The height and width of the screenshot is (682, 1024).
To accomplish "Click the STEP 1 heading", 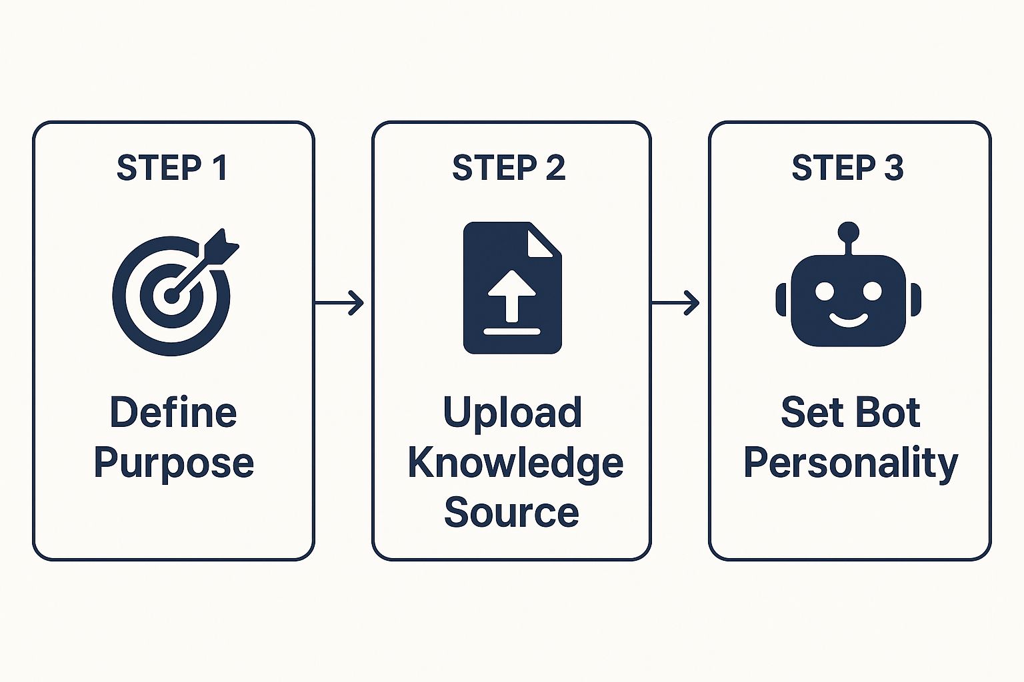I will tap(172, 168).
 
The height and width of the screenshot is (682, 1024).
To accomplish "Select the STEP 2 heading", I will tap(509, 168).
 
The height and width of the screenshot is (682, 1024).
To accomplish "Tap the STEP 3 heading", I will tap(847, 168).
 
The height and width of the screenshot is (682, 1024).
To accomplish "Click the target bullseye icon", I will tap(171, 296).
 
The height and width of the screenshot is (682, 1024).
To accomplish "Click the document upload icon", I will tap(512, 288).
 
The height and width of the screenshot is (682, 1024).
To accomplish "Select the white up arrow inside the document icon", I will tap(512, 293).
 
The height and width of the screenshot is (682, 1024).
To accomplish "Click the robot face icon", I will tap(848, 300).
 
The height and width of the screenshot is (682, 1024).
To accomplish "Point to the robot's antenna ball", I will tap(848, 232).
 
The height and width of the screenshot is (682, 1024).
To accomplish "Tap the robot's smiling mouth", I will tap(848, 321).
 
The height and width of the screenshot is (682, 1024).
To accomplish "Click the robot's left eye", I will tap(825, 291).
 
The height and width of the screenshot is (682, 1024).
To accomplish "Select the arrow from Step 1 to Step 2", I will tap(340, 303).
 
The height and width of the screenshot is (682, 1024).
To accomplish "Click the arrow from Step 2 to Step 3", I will tap(676, 303).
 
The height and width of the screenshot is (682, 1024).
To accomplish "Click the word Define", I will tap(173, 412).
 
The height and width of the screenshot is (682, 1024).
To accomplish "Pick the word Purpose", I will tap(173, 463).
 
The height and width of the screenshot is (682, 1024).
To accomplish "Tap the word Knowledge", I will tap(515, 463).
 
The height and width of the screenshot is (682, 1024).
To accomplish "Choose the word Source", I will tap(511, 512).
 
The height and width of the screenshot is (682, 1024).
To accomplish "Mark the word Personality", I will tap(850, 463).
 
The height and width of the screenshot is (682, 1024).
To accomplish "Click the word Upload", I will tap(512, 412).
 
